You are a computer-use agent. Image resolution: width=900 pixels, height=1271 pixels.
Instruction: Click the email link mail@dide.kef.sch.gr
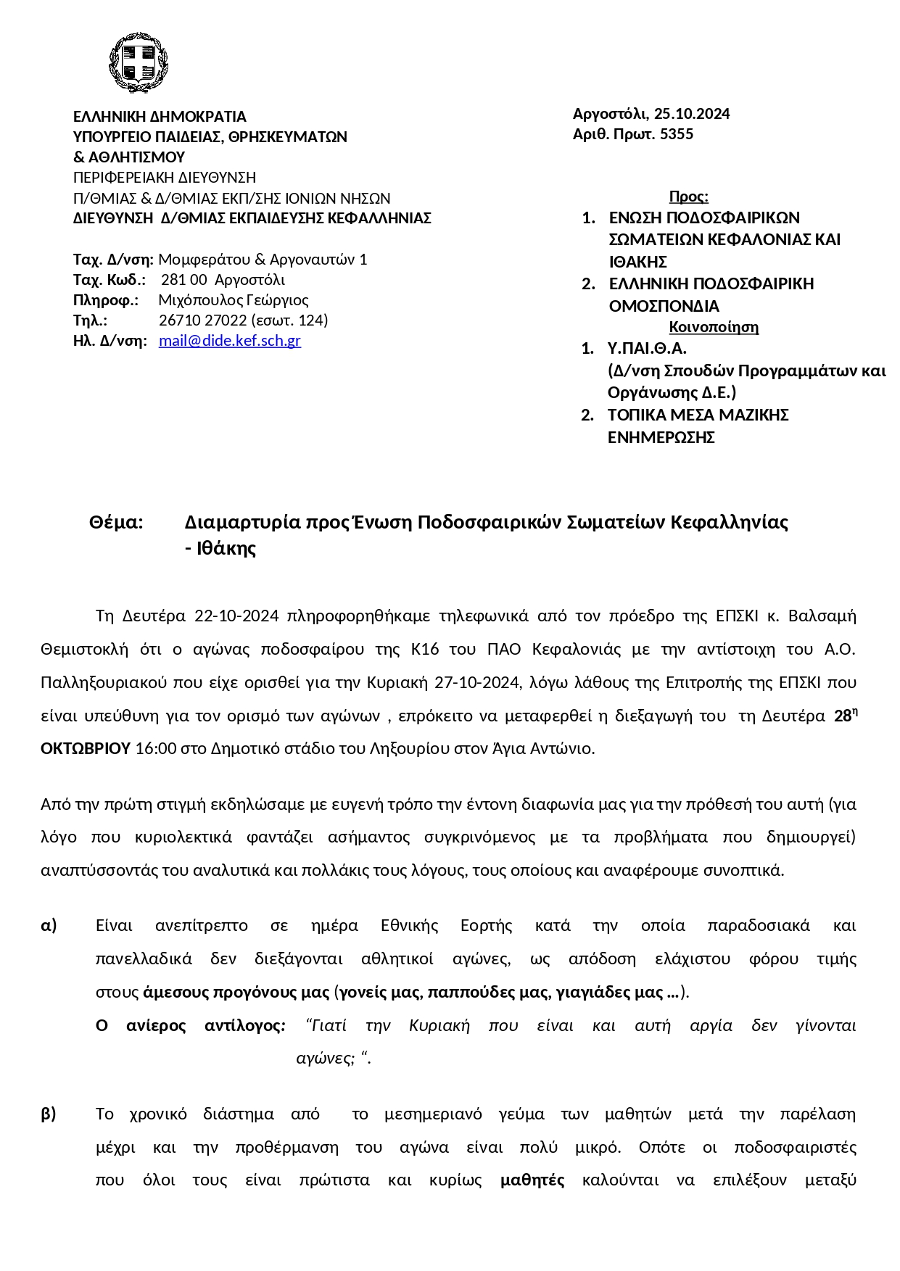229,341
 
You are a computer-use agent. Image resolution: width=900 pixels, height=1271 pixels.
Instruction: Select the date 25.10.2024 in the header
692,114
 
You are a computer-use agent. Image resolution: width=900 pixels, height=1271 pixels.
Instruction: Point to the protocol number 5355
677,134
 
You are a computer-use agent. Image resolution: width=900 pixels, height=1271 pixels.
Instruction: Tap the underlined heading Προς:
688,196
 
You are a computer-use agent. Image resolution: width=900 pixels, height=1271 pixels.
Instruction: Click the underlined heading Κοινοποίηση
714,327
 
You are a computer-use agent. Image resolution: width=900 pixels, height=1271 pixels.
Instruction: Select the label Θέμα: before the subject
116,522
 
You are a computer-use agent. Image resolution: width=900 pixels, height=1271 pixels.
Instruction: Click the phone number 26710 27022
203,320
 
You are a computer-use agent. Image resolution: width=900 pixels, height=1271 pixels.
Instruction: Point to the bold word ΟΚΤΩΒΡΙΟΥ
86,748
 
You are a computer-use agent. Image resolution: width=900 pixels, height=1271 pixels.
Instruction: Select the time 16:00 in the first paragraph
155,748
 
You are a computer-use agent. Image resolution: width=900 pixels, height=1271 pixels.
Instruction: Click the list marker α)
49,926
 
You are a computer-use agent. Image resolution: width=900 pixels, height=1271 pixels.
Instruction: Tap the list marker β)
49,1114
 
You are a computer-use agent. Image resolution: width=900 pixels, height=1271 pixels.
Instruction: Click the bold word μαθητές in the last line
532,1180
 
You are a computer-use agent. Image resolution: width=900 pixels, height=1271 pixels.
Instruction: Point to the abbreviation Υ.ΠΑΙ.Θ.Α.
647,349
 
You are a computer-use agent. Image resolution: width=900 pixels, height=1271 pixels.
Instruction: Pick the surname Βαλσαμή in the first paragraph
821,616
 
